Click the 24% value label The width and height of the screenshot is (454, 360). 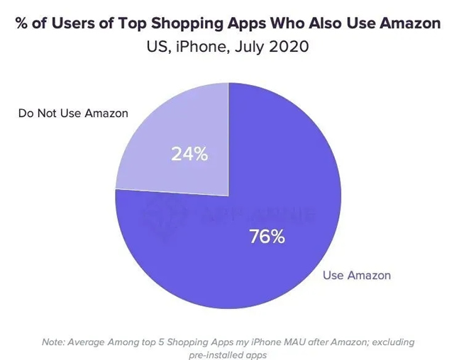[189, 154]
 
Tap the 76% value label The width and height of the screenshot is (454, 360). [267, 237]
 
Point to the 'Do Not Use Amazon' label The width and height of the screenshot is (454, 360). [73, 113]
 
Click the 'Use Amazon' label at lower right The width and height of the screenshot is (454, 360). [357, 275]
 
